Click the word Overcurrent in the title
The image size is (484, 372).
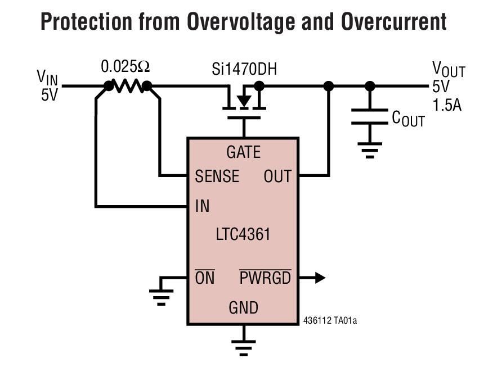click(x=393, y=22)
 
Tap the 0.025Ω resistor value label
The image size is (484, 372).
click(x=126, y=67)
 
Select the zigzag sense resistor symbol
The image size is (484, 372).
click(x=128, y=86)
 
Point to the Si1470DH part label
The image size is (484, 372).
click(x=244, y=70)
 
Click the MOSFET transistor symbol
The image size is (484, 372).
click(x=244, y=102)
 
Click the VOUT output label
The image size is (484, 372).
click(x=448, y=70)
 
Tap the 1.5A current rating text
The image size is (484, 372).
click(x=447, y=105)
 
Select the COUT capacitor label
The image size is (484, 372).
click(x=408, y=119)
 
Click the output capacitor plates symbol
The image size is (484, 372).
click(x=369, y=117)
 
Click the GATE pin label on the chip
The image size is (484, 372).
click(x=243, y=152)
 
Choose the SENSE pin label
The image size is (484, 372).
click(x=217, y=176)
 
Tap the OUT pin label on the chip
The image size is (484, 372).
click(x=277, y=176)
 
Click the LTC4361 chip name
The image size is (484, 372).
click(x=243, y=234)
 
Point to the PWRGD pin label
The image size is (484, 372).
click(x=265, y=278)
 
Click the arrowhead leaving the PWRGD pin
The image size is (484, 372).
click(x=319, y=278)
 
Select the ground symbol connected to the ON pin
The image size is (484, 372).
click(x=161, y=295)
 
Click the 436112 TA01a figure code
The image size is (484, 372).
click(x=330, y=321)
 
